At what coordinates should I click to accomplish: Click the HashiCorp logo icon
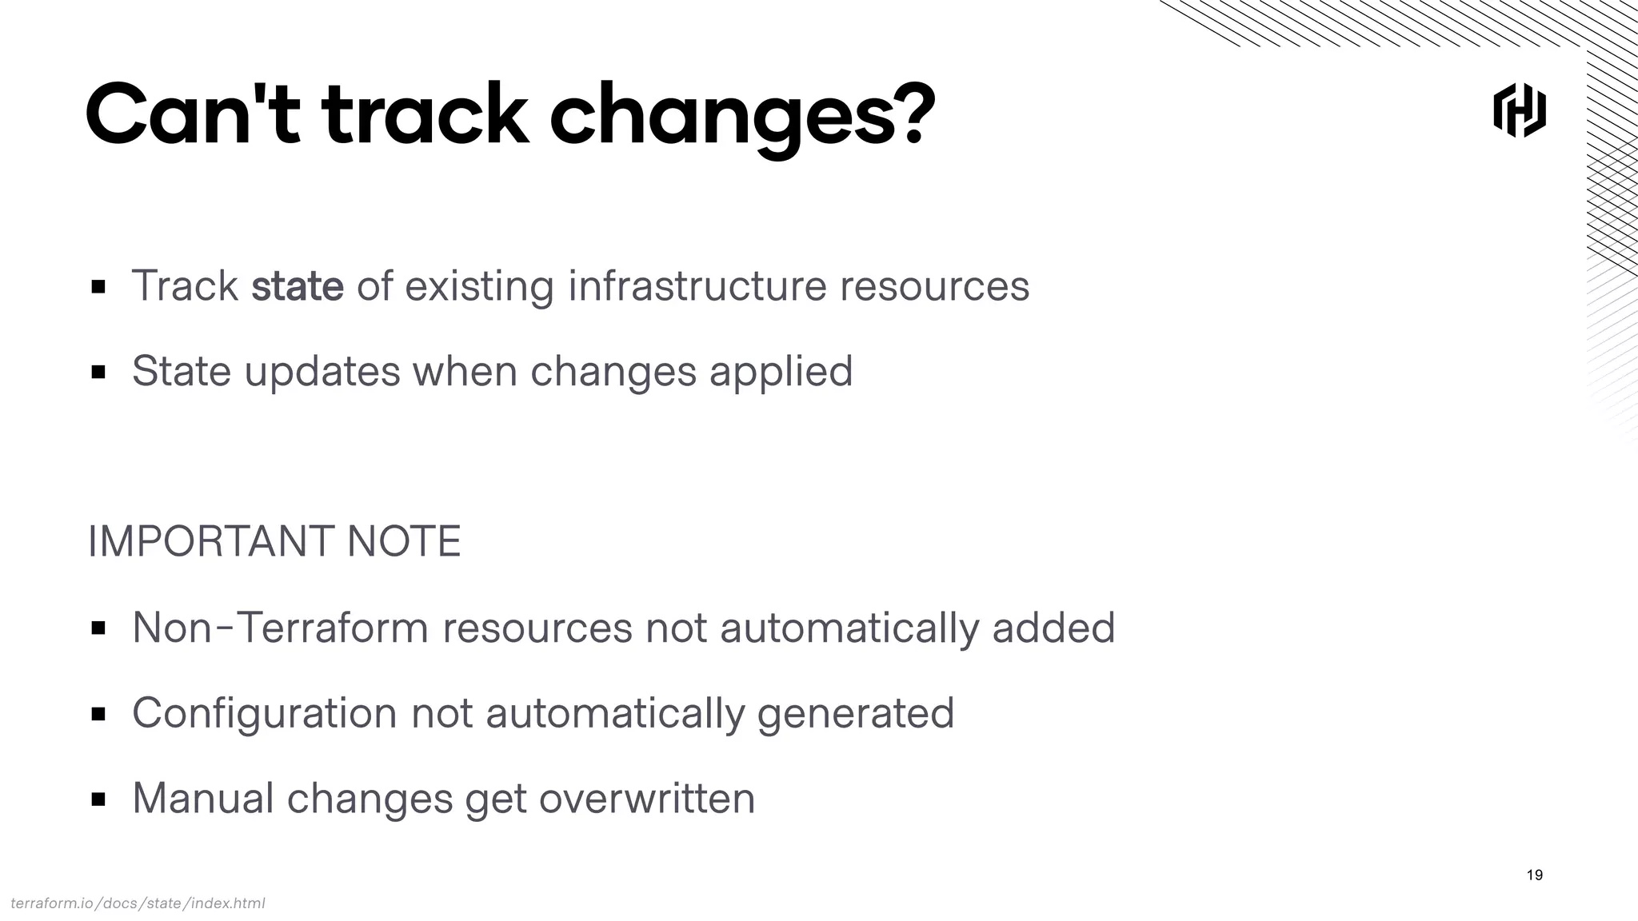[1519, 110]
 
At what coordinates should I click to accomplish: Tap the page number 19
[1534, 875]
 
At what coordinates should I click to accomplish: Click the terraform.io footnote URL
[138, 903]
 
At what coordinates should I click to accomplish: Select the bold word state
[297, 286]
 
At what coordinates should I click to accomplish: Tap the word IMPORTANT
[210, 541]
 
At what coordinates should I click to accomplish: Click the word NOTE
[404, 541]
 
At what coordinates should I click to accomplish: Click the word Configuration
[264, 713]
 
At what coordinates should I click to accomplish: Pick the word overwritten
[646, 798]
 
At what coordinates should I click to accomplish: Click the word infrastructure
[697, 286]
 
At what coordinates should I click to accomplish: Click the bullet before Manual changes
[98, 799]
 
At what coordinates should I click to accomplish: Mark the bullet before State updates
[98, 372]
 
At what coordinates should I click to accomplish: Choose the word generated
[855, 713]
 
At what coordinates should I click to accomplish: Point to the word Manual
[203, 798]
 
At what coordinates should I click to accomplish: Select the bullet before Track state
[98, 286]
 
